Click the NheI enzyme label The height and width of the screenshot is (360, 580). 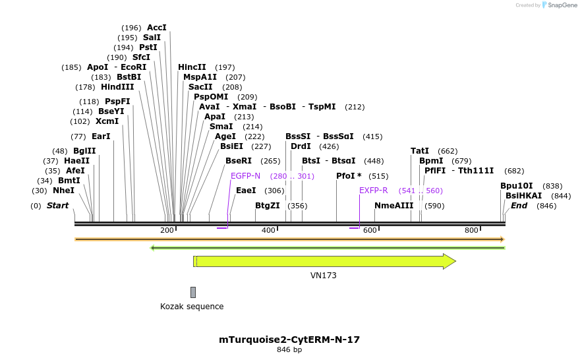pyautogui.click(x=63, y=191)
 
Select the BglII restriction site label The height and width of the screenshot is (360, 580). pyautogui.click(x=84, y=151)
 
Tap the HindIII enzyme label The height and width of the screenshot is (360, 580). pyautogui.click(x=117, y=87)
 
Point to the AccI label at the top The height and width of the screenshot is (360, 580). pyautogui.click(x=157, y=28)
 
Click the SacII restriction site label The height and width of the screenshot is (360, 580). pyautogui.click(x=200, y=87)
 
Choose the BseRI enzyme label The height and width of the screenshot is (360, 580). pyautogui.click(x=239, y=161)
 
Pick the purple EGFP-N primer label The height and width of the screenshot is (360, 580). pyautogui.click(x=246, y=176)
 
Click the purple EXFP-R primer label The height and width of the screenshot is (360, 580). pyautogui.click(x=373, y=191)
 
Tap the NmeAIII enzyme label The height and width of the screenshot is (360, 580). pyautogui.click(x=393, y=206)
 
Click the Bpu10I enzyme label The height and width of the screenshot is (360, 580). pyautogui.click(x=517, y=186)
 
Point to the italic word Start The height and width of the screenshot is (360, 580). pyautogui.click(x=57, y=206)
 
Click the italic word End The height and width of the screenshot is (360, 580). pyautogui.click(x=519, y=206)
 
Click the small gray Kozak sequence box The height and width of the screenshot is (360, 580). pyautogui.click(x=193, y=292)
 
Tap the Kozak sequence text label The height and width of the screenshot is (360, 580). pyautogui.click(x=192, y=307)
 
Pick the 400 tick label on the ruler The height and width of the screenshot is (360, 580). pyautogui.click(x=269, y=230)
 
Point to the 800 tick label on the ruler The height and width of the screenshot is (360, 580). pyautogui.click(x=471, y=230)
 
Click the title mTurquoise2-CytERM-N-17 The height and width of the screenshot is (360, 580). pyautogui.click(x=289, y=340)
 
